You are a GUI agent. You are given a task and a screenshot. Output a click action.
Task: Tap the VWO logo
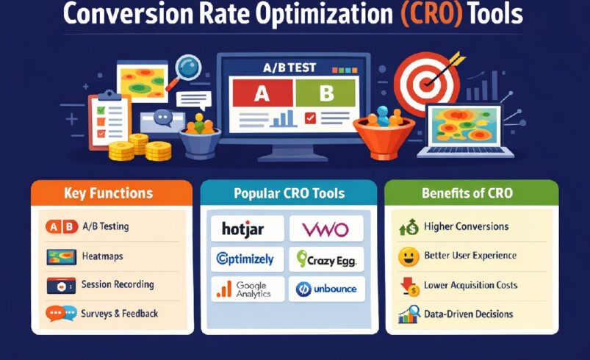(325, 229)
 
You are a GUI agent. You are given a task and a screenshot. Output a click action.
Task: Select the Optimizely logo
(245, 259)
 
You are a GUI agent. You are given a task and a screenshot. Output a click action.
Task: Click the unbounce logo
(325, 289)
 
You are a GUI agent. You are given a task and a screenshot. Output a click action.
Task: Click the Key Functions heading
(108, 194)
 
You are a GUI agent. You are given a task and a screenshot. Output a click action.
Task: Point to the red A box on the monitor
(262, 93)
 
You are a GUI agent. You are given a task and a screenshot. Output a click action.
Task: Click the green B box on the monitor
(325, 93)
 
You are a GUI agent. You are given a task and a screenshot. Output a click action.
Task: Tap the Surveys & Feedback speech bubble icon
(60, 314)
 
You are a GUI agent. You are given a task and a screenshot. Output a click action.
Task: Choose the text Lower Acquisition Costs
(470, 285)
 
